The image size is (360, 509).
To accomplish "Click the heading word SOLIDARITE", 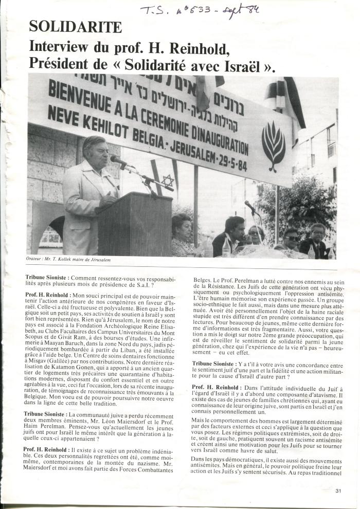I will (x=76, y=27).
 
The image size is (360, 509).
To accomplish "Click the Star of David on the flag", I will (x=168, y=181).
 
